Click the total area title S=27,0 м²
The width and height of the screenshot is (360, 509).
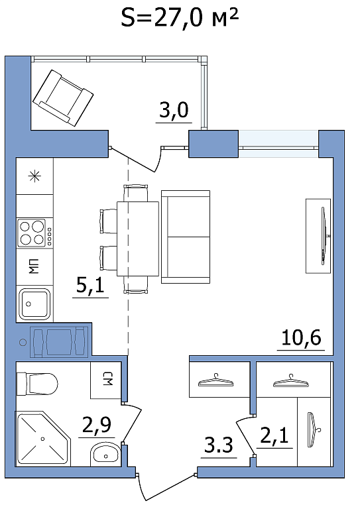(x=180, y=18)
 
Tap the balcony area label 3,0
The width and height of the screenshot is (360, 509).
(x=174, y=110)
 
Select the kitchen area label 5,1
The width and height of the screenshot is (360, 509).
(x=90, y=286)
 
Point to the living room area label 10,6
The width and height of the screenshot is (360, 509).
(x=301, y=337)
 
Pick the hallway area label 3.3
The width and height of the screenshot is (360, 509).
(x=219, y=445)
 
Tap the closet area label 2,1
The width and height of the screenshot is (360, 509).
(x=274, y=435)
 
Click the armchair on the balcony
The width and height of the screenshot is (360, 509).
(x=63, y=97)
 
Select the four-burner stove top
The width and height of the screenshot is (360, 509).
(x=34, y=233)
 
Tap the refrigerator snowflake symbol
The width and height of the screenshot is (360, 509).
(x=34, y=176)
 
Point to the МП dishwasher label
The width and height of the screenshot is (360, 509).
(x=34, y=266)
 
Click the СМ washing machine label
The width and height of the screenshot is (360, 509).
(x=107, y=380)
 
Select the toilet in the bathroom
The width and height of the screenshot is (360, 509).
(x=36, y=384)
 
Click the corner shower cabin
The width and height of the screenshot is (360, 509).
(x=43, y=439)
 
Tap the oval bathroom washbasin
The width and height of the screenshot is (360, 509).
(x=105, y=455)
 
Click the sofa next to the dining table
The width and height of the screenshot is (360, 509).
(x=186, y=237)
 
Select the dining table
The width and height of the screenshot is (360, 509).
(x=138, y=239)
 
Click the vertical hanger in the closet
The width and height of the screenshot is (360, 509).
(x=312, y=429)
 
